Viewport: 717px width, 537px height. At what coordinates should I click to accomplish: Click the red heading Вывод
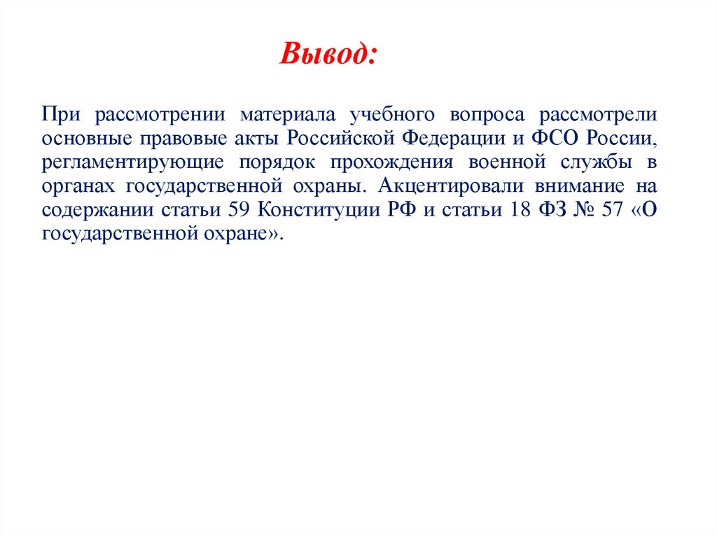(328, 53)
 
